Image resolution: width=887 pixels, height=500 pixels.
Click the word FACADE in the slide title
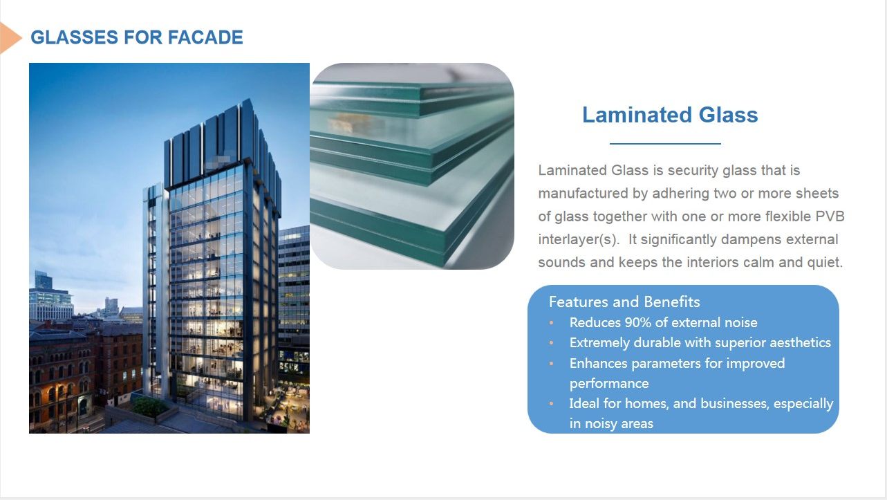[205, 37]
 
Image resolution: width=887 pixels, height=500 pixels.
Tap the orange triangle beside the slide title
[10, 38]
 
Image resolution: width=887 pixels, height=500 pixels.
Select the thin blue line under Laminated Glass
[665, 143]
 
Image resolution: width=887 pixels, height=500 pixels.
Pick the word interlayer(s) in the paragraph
[579, 240]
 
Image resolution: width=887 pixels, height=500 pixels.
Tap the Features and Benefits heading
[624, 302]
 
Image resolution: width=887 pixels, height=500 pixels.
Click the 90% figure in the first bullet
[637, 322]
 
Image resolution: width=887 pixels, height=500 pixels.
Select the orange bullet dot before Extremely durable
[551, 343]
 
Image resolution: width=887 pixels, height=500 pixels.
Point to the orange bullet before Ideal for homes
[551, 404]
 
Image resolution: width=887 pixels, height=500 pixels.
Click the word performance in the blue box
[609, 384]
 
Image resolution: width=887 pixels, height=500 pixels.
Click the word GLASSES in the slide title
[74, 37]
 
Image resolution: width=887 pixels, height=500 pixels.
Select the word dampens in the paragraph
[754, 240]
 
